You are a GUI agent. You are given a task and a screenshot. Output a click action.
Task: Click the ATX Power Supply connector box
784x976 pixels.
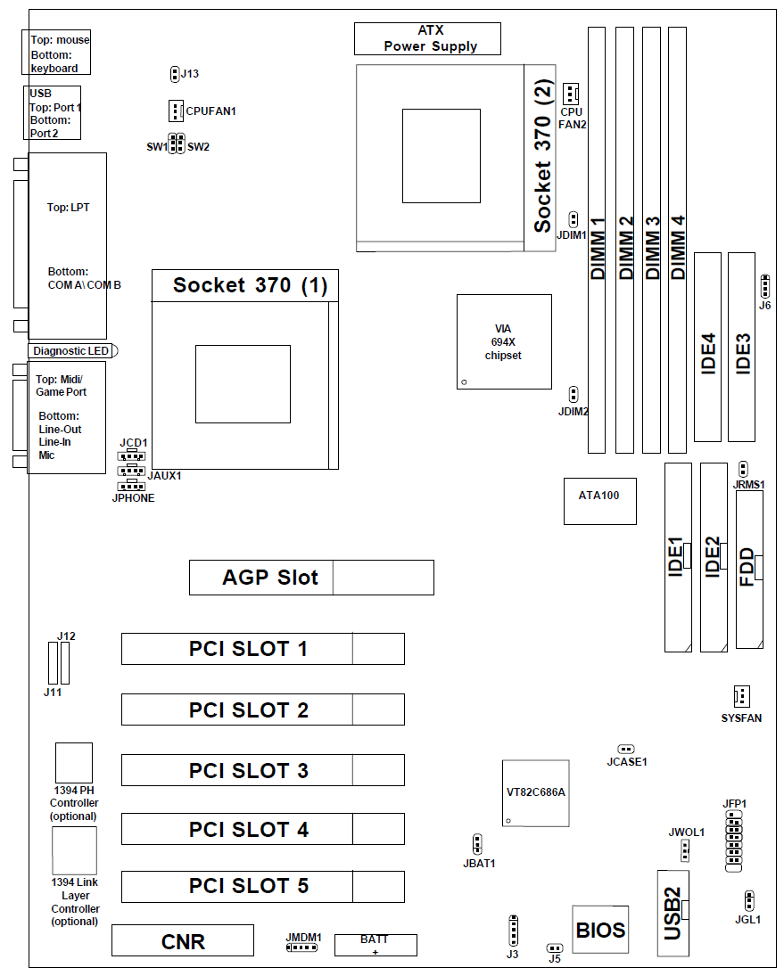(x=427, y=39)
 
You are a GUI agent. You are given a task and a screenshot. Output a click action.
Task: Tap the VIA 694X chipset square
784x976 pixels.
(x=504, y=341)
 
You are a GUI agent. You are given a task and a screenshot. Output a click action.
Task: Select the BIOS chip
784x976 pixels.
(x=600, y=930)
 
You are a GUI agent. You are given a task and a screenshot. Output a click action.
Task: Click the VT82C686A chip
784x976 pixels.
(x=535, y=793)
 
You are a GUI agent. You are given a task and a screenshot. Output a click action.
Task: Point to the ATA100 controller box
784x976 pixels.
(x=599, y=500)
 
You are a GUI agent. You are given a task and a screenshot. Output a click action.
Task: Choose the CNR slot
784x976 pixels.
(x=183, y=941)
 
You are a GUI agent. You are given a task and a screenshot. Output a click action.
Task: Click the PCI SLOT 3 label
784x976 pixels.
(x=249, y=770)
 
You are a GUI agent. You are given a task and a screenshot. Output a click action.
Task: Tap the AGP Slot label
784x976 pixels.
(x=269, y=578)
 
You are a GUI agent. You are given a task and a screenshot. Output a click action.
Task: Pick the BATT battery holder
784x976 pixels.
(x=375, y=945)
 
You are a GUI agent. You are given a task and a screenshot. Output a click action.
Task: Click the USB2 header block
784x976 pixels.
(x=673, y=912)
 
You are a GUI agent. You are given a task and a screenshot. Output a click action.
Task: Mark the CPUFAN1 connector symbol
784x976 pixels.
(x=175, y=111)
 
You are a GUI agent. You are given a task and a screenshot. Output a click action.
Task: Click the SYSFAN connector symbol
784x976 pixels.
(x=739, y=696)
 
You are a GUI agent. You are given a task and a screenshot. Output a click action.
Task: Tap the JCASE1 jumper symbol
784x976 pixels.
(x=625, y=750)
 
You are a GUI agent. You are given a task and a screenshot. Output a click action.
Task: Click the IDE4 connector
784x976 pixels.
(x=708, y=348)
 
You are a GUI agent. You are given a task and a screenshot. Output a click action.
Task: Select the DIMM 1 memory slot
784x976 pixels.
(x=597, y=239)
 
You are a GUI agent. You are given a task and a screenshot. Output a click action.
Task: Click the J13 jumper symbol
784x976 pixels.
(x=174, y=74)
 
